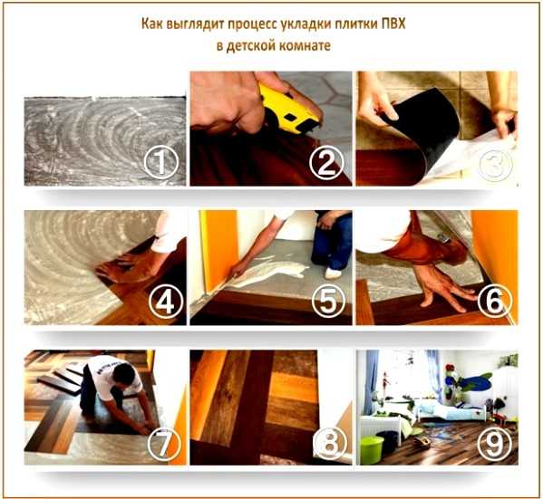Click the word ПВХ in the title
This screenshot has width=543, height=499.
[x=393, y=24]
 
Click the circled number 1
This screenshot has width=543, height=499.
[x=161, y=162]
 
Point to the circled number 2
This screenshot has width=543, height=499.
[x=326, y=162]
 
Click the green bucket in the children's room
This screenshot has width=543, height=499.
[x=372, y=450]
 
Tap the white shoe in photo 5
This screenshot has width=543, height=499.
[x=333, y=273]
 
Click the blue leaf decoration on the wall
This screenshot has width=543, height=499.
[x=475, y=381]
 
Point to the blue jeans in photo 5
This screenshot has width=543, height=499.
[x=332, y=241]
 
